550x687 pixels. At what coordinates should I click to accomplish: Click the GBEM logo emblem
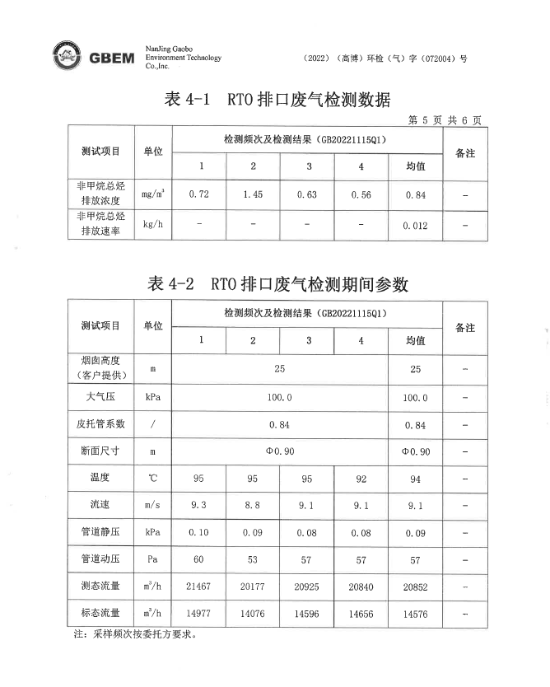pyautogui.click(x=67, y=57)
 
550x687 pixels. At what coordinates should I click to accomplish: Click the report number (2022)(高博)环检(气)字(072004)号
pyautogui.click(x=385, y=58)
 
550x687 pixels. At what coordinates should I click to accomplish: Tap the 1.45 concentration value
pyautogui.click(x=253, y=194)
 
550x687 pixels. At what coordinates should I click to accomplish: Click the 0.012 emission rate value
pyautogui.click(x=415, y=225)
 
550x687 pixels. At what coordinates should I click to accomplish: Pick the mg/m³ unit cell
pyautogui.click(x=152, y=194)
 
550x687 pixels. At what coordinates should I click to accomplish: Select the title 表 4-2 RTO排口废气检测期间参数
pyautogui.click(x=277, y=285)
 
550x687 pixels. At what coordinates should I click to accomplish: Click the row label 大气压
pyautogui.click(x=100, y=397)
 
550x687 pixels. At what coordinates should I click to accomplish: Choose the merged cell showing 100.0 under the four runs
pyautogui.click(x=279, y=397)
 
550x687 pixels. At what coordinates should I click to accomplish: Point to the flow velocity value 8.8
pyautogui.click(x=253, y=503)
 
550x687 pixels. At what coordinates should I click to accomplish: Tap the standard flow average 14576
pyautogui.click(x=415, y=614)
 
